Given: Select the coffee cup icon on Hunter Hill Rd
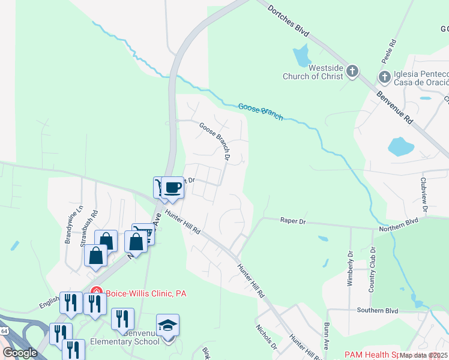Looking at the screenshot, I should click(x=173, y=187).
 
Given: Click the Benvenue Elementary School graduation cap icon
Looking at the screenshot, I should click(x=168, y=326).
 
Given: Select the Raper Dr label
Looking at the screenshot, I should click(x=293, y=221).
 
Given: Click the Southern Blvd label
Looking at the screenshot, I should click(x=378, y=311).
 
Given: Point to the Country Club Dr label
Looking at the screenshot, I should click(x=372, y=269).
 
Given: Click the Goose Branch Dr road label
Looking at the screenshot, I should click(x=215, y=142).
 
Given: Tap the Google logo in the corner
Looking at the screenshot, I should click(x=20, y=352).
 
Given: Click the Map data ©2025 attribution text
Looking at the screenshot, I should click(x=423, y=355).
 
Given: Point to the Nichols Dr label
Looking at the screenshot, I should click(x=265, y=337).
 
